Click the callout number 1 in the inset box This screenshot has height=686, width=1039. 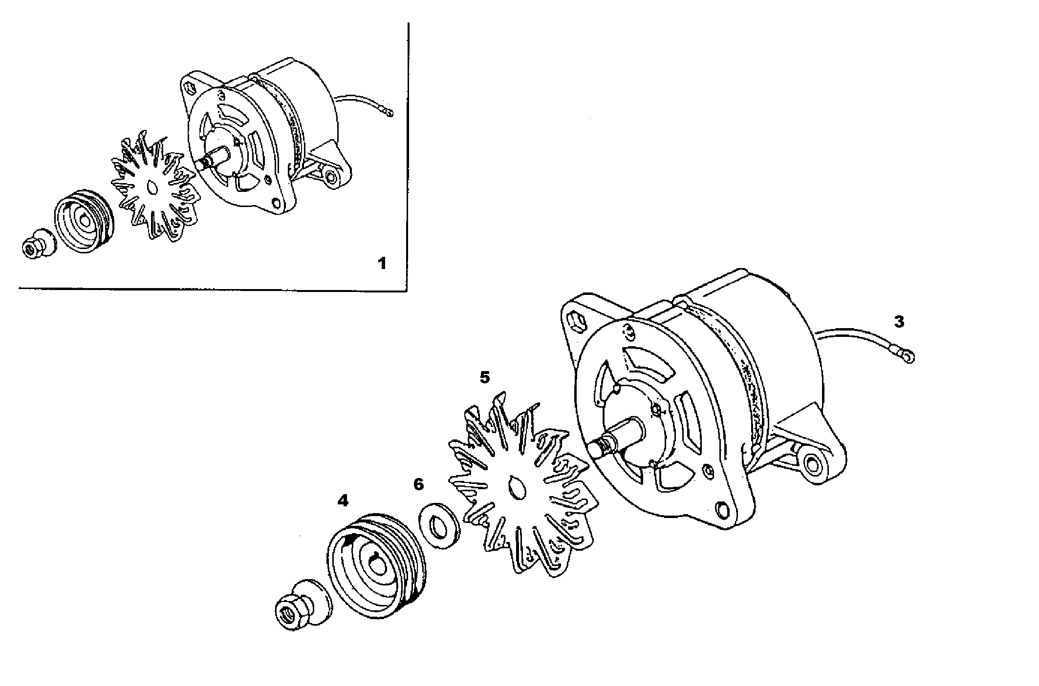382,264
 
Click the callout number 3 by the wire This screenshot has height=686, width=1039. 899,322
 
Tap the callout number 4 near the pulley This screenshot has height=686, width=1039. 343,500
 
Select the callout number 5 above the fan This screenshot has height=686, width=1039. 484,377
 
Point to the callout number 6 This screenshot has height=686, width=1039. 418,485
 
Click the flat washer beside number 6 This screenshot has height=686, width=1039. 440,525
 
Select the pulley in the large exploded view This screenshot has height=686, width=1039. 375,566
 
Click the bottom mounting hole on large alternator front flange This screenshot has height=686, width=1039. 721,509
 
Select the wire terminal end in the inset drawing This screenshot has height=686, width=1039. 390,114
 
